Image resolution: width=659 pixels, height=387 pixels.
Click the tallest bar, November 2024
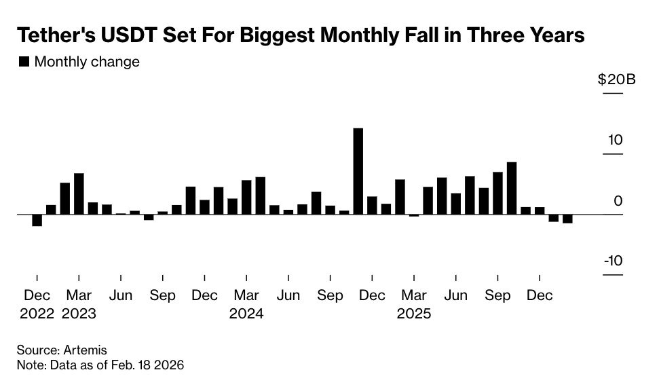(358, 171)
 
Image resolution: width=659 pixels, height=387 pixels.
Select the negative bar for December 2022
(37, 220)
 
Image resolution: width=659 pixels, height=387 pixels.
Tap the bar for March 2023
(79, 193)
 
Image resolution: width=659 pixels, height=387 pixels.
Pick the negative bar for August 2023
(149, 217)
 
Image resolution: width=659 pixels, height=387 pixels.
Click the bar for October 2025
(512, 188)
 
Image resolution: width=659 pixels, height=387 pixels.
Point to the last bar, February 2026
(567, 219)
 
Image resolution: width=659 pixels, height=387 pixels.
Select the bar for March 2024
(246, 197)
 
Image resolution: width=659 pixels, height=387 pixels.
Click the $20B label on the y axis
(616, 79)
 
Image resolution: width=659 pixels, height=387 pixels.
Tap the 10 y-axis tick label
(616, 141)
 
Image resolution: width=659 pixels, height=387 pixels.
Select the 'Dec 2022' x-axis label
(37, 305)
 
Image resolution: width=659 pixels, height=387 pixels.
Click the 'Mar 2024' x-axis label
(246, 305)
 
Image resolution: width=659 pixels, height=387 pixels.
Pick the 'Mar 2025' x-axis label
(414, 305)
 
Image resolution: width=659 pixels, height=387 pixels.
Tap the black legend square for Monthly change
(24, 62)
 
